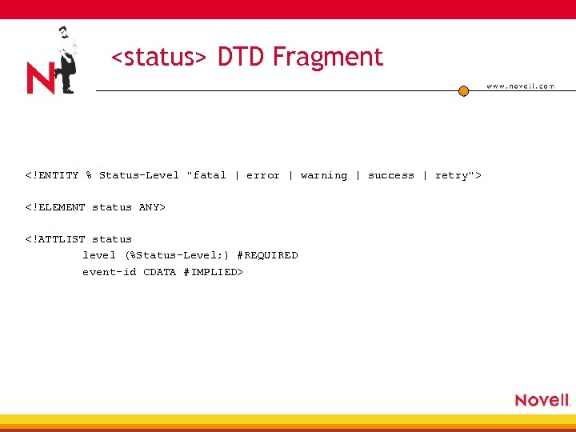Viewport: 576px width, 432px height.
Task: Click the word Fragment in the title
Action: (328, 58)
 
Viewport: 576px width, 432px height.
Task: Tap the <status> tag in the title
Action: (159, 58)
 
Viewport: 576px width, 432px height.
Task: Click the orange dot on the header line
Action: (463, 91)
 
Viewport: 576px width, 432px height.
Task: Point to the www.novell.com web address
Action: (520, 86)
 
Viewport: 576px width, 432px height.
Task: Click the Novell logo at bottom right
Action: (542, 400)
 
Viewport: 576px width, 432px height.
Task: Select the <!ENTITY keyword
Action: (52, 175)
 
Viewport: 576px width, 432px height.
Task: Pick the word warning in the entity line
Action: (324, 175)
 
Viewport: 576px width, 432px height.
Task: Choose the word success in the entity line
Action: (391, 175)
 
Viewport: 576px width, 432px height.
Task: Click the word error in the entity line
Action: (262, 175)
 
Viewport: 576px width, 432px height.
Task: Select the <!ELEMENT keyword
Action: (55, 207)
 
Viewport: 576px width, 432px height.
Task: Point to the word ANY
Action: (151, 207)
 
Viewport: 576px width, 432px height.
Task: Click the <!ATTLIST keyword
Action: (55, 239)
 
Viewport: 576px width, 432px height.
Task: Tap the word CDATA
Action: (160, 272)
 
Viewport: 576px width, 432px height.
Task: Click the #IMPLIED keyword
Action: (212, 272)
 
